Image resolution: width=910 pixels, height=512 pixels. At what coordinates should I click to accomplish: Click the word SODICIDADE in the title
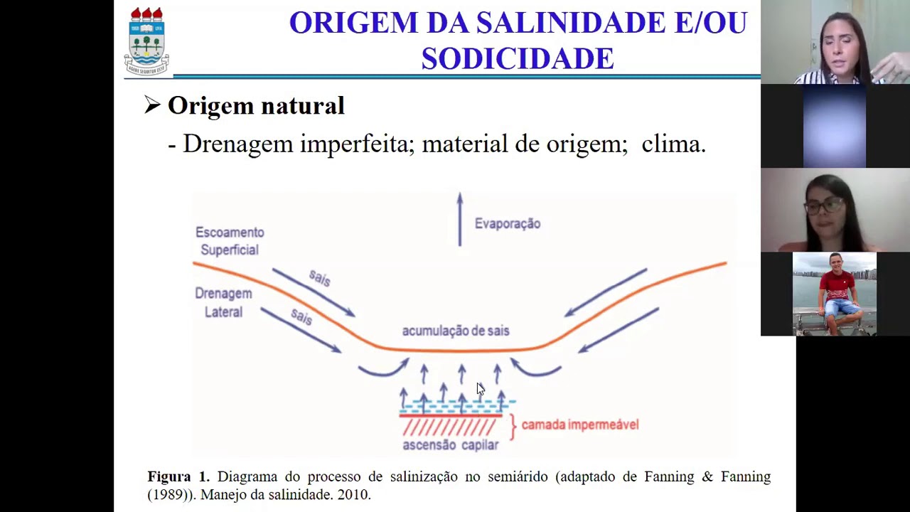tap(517, 58)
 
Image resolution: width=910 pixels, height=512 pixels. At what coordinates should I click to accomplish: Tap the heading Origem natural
tap(255, 106)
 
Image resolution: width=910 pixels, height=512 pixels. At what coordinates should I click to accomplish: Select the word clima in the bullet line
tap(672, 144)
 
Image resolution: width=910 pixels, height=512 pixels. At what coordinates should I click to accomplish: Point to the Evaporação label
tap(507, 224)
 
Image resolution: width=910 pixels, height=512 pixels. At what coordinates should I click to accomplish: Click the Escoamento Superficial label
tap(229, 241)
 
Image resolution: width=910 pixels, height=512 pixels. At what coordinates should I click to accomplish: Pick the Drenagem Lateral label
tap(223, 302)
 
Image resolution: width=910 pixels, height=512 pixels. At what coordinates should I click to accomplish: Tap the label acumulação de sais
tap(455, 331)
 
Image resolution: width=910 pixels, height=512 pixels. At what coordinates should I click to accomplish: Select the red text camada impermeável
tap(580, 425)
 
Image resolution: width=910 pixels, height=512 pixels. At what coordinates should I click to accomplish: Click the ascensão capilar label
tap(450, 445)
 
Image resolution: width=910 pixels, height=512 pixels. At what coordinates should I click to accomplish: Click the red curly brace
tap(513, 425)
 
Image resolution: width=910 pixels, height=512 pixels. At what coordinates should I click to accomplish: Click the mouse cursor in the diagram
tap(480, 388)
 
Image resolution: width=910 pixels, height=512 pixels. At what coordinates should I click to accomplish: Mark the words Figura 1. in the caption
tap(178, 476)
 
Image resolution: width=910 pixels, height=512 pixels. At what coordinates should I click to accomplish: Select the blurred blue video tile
tap(835, 126)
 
